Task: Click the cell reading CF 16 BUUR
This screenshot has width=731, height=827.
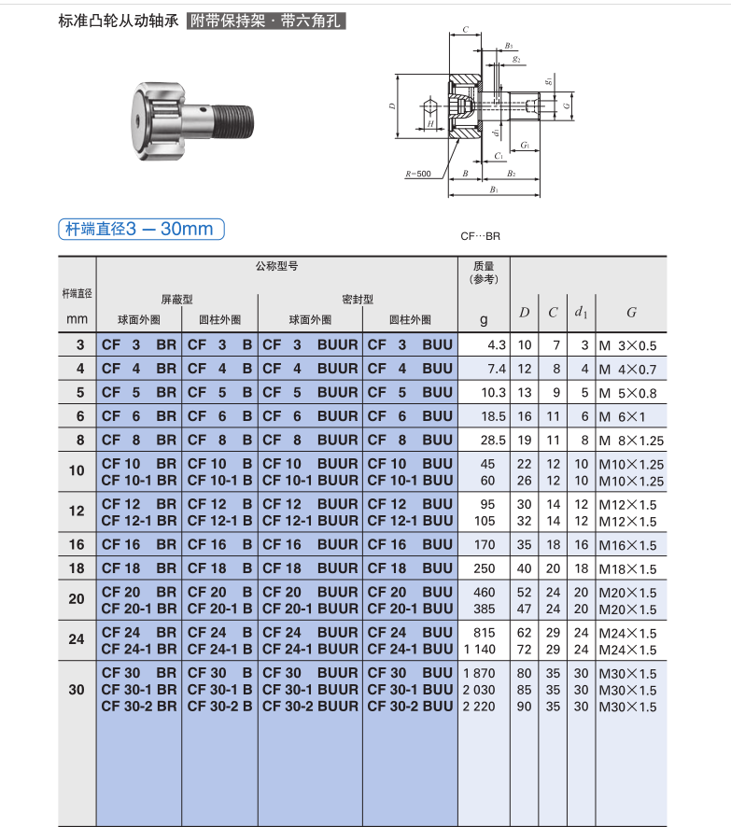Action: click(x=310, y=544)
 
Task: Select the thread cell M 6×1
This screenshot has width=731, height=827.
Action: click(x=623, y=416)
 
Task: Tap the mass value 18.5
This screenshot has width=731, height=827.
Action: click(x=493, y=416)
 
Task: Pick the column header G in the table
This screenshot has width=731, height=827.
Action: click(x=631, y=313)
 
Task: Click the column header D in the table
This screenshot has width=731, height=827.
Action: click(x=525, y=313)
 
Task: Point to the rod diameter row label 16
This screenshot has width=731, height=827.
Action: click(x=77, y=544)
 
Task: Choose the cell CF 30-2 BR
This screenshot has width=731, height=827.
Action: click(x=139, y=707)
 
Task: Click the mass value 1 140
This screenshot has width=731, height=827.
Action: click(x=480, y=650)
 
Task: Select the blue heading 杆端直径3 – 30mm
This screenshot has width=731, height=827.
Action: click(x=141, y=229)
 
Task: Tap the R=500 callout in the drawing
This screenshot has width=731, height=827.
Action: click(x=417, y=174)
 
